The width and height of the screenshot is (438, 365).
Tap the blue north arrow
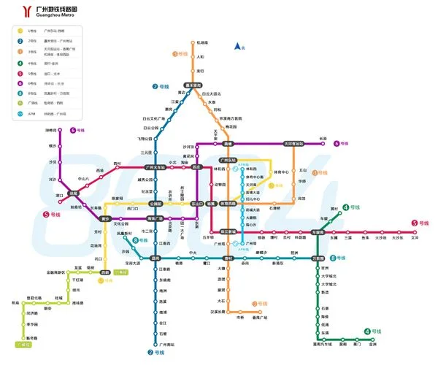237,47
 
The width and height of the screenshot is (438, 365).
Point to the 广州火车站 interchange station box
157,167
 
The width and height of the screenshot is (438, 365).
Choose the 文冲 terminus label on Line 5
415,237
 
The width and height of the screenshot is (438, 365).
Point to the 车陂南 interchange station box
318,232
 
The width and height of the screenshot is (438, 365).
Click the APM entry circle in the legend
20,113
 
